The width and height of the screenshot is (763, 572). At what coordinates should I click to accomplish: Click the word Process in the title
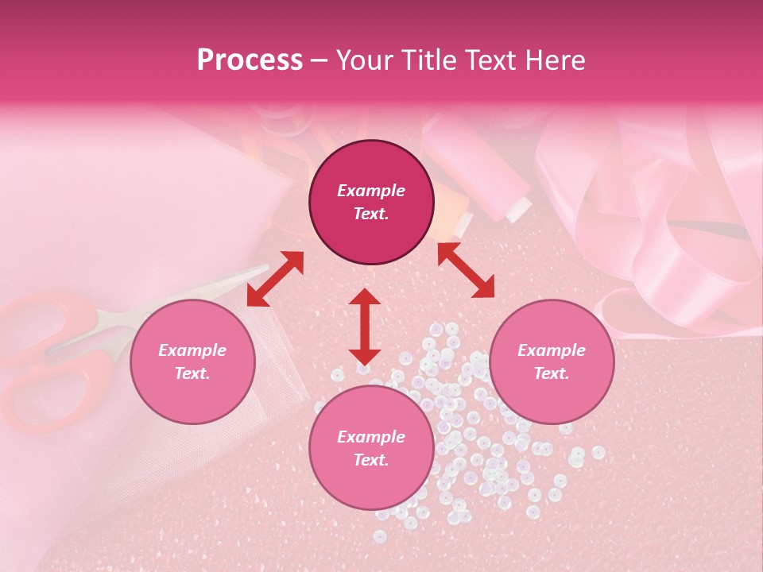pos(250,60)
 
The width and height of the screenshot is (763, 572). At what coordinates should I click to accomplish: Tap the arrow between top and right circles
pos(466,270)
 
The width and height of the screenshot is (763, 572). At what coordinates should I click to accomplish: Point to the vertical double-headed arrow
pos(365,326)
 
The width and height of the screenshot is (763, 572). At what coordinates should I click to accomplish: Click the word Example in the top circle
pos(371,191)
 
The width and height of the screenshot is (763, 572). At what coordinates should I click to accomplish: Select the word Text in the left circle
pos(192,373)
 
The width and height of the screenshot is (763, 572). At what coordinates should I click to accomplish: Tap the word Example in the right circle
pos(552,350)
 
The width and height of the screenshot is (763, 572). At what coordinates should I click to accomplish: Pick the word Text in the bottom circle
pos(371,460)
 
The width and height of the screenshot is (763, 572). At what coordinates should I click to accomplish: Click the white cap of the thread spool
pos(519,210)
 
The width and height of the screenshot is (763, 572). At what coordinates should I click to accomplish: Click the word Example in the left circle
pos(192,350)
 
